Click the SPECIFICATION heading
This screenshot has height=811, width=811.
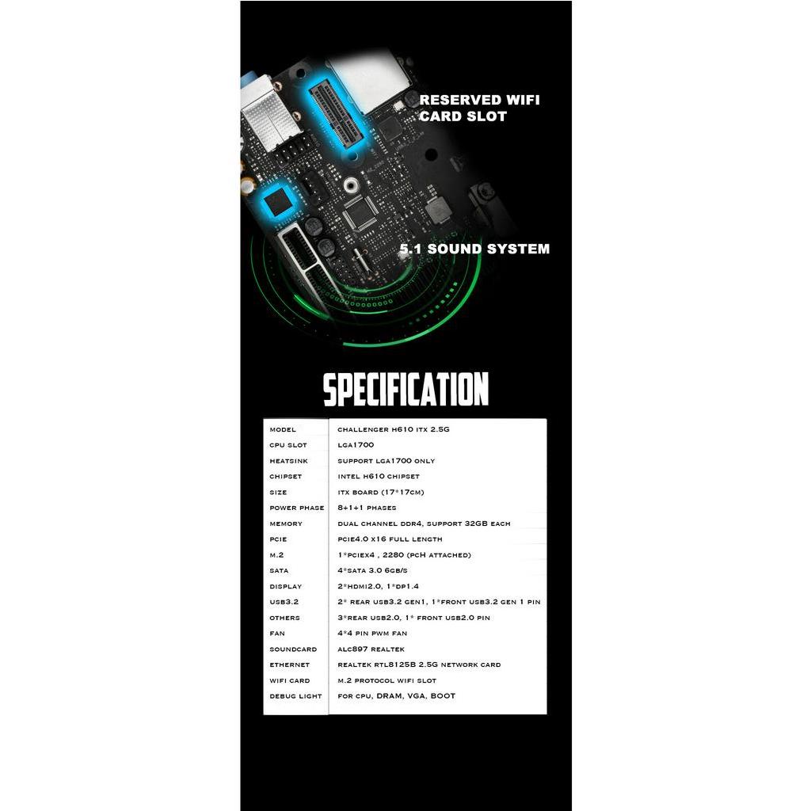(405, 390)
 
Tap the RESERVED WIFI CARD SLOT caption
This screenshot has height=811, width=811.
(479, 108)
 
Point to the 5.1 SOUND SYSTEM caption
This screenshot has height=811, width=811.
(474, 249)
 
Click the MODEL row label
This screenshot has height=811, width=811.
(283, 429)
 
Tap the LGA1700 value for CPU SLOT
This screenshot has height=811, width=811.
(356, 445)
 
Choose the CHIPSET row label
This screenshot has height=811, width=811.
(285, 477)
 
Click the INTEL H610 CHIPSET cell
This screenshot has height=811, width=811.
(379, 477)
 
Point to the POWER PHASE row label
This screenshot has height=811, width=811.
(296, 508)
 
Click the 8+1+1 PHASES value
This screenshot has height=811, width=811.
(367, 508)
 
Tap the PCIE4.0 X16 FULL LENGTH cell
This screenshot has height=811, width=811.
(390, 539)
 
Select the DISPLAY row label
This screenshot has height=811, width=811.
(285, 586)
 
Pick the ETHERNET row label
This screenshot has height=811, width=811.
(289, 664)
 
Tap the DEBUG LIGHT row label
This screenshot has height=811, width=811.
(295, 696)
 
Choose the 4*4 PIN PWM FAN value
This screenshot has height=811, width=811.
(371, 634)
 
